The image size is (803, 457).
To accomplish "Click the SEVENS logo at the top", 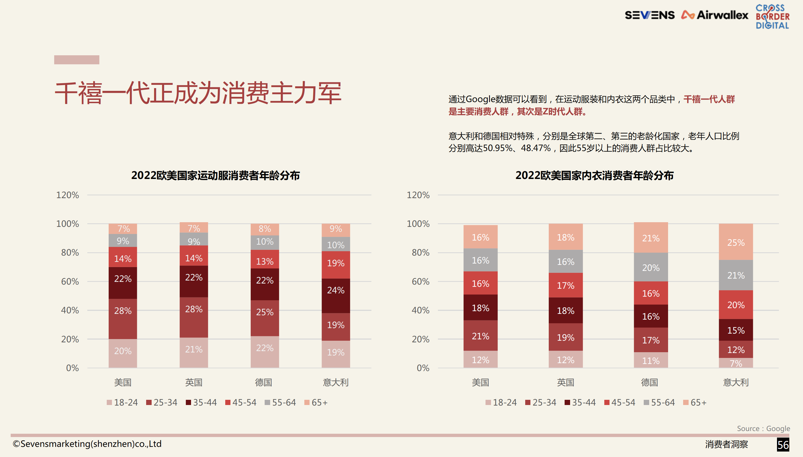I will (x=649, y=15).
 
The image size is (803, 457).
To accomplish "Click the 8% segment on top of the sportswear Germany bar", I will (x=265, y=229).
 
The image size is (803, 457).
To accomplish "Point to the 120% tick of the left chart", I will (x=68, y=195).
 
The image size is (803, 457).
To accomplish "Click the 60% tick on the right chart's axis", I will (x=420, y=281).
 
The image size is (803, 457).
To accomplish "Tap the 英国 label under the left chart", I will (x=194, y=382).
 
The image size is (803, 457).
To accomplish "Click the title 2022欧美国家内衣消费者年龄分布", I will (x=594, y=175).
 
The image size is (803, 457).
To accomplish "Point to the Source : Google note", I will (x=763, y=429).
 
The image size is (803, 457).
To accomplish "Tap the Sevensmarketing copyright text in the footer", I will (x=87, y=444).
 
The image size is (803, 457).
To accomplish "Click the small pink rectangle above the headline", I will (x=77, y=60).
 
